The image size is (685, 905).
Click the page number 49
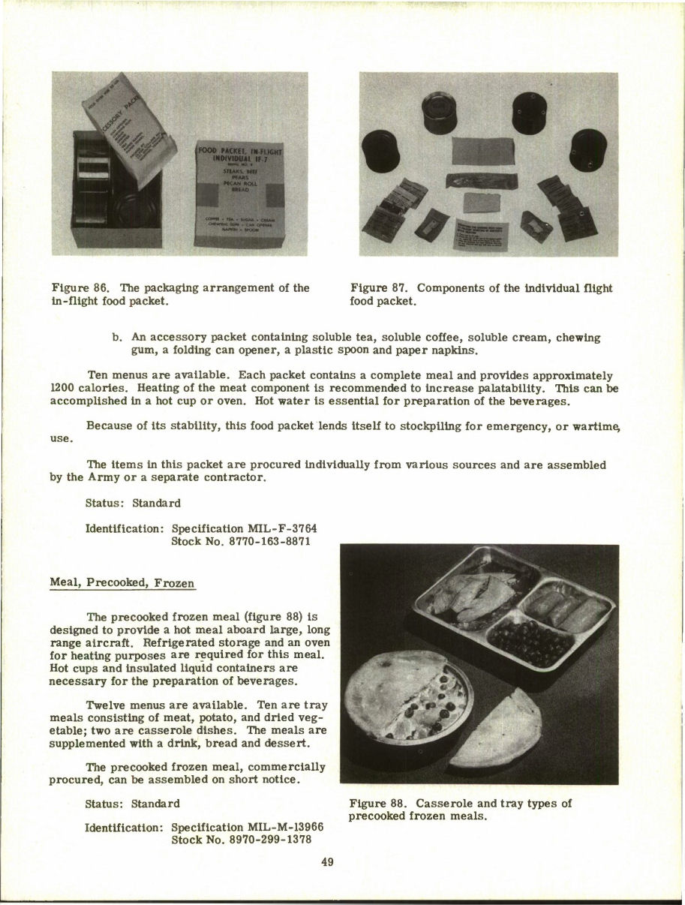click(327, 862)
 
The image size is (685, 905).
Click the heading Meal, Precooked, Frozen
click(122, 582)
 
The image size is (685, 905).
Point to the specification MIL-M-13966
click(248, 827)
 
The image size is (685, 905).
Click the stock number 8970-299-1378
click(242, 839)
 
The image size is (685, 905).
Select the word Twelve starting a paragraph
click(106, 705)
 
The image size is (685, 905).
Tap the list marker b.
click(117, 338)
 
